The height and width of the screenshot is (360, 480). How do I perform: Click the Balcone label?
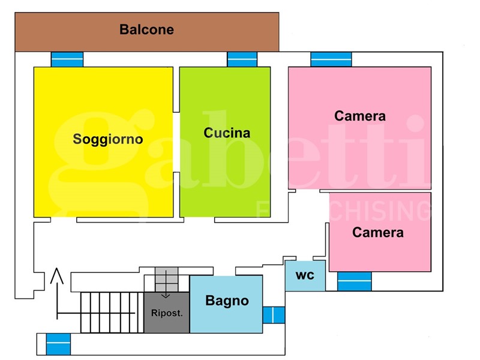coord(146,29)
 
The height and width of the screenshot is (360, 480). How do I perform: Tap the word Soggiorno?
coord(108,139)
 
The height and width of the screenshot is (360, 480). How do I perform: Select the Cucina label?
coord(227,133)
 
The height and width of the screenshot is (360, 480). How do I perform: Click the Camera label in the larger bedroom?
coord(360,116)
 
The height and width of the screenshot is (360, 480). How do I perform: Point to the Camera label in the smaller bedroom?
coord(378,232)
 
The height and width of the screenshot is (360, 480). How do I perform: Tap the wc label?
coord(305,275)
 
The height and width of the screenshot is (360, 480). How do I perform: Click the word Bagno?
coord(227,301)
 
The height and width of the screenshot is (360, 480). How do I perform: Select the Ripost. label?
coord(167,313)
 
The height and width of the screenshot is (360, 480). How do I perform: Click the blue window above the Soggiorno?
coord(67,59)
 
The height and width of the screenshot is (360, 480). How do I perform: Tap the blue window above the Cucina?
coord(242,59)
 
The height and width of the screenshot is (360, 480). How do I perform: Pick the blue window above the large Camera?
coord(331,59)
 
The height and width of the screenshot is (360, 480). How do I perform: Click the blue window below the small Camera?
coord(354,281)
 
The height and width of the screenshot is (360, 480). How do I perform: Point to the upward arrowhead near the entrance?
coord(57,275)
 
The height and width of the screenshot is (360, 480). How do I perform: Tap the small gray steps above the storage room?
coord(166,278)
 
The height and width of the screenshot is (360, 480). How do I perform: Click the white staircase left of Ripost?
coord(112,313)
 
